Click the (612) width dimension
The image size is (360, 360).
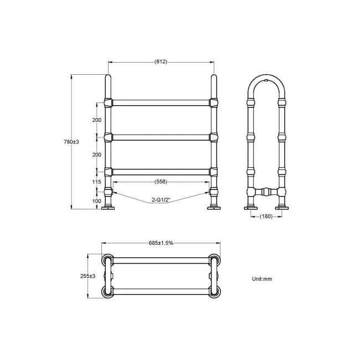point(161,62)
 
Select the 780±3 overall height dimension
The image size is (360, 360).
point(71,142)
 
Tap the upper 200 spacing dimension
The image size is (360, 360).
point(96,120)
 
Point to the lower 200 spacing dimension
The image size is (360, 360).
point(96,155)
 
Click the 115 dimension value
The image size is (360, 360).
point(96,181)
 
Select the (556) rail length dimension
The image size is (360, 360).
point(161,181)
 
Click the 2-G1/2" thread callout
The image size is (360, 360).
point(161,199)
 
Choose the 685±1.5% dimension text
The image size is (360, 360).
point(161,243)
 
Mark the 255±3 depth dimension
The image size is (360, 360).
point(88,276)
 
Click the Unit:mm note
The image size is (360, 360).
point(262,279)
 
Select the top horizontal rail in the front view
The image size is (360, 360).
point(161,102)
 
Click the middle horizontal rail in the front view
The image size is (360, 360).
point(161,137)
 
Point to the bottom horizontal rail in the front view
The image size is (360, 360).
point(161,171)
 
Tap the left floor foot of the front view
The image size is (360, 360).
point(108,208)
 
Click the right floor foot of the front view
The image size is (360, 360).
point(213,208)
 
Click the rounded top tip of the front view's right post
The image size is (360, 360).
point(213,77)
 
